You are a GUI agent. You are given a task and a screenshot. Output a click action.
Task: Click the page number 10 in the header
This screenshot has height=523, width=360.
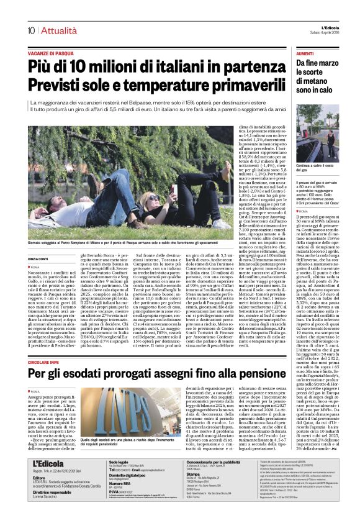click(30, 30)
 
